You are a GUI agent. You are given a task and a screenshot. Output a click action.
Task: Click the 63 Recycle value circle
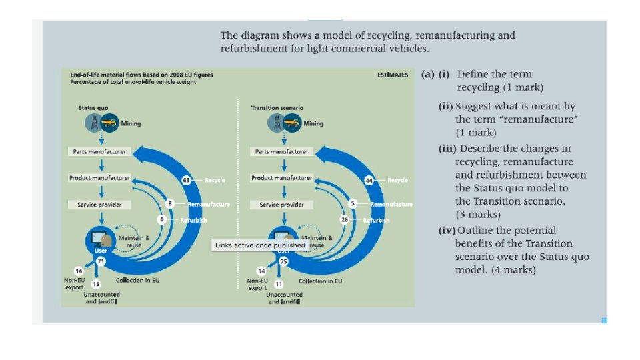pos(187,180)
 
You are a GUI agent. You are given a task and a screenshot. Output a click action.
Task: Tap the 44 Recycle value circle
pos(369,180)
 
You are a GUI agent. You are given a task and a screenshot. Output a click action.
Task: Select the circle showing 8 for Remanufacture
pos(171,203)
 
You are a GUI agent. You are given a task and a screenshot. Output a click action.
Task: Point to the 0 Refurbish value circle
pos(161,219)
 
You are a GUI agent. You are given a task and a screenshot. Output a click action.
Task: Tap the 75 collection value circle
pos(283,262)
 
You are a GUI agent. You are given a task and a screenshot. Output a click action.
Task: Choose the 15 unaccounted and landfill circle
pos(95,284)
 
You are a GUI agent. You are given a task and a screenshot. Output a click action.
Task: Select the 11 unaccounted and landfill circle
pos(279,284)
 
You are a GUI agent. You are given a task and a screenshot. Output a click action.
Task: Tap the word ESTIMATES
pos(393,75)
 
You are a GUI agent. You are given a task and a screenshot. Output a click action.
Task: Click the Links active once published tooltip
pos(259,245)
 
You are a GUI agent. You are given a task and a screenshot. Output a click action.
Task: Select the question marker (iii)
pos(447,148)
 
